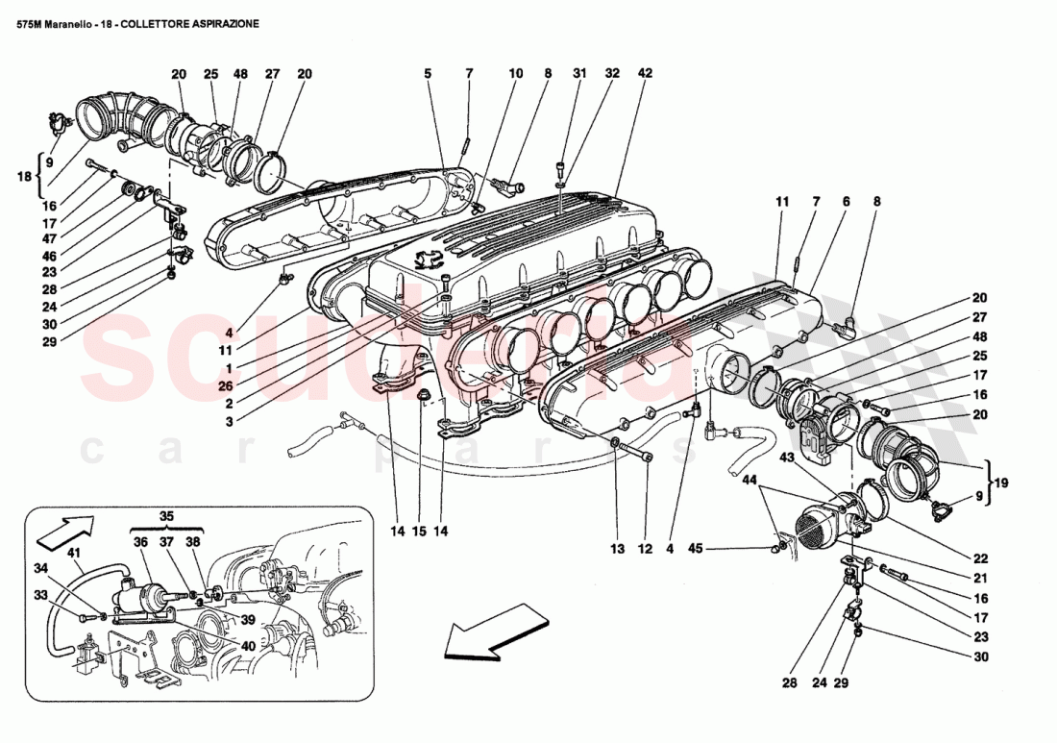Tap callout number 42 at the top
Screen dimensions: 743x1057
(645, 73)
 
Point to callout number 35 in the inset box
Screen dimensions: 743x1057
(167, 516)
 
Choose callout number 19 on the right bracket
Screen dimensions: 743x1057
(1001, 483)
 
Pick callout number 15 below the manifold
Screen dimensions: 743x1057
(419, 530)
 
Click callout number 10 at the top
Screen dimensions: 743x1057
(516, 73)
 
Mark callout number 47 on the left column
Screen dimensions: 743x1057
(48, 237)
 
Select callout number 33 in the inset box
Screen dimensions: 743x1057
(40, 596)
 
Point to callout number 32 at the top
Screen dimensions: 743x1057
(612, 73)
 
